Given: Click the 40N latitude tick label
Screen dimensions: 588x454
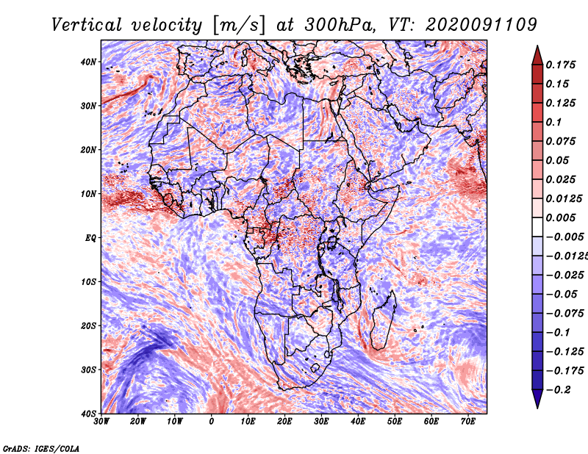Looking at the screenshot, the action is coord(88,62).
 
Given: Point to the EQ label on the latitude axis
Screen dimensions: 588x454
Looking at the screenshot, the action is coord(90,238).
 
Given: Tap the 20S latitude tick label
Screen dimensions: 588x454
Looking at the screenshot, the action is coord(88,325).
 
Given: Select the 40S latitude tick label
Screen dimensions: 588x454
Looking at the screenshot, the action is coord(88,414).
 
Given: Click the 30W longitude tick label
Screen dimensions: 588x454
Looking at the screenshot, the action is coord(101,422).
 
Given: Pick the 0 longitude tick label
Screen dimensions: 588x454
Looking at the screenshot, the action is coord(212,422).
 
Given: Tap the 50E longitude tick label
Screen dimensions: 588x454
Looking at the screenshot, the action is coord(395,422).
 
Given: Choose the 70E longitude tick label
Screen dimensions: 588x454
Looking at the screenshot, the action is coord(468,422).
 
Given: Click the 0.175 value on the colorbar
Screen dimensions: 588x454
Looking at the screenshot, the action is coord(561,65).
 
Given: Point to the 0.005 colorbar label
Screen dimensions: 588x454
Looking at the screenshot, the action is coord(561,217).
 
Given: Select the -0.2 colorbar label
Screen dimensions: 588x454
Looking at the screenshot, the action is coord(559,390).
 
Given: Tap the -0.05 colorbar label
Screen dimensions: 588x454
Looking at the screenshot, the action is coord(562,295).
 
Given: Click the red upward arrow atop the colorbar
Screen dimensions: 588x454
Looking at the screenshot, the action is coord(537,56).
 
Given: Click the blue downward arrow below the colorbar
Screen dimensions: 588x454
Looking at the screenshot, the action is coord(537,399).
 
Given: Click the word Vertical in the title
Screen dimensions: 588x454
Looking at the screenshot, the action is coord(87,25).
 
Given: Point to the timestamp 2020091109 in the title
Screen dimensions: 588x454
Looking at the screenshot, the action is coord(481,25).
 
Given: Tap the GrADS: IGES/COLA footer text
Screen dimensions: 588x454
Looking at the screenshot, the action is coord(41,448).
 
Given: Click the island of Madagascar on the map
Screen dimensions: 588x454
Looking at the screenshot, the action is coord(383,320).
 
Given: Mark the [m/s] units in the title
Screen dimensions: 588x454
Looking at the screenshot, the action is coord(239,25).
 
